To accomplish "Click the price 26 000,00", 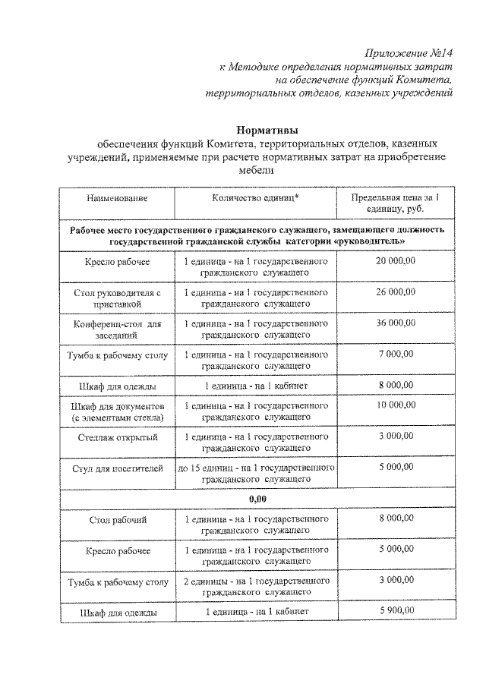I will coord(394,292).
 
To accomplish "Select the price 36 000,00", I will coord(394,323).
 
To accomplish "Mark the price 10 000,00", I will coord(394,406).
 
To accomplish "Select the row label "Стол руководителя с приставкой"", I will coord(117,298).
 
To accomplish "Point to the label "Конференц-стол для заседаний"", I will coord(117,329).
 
